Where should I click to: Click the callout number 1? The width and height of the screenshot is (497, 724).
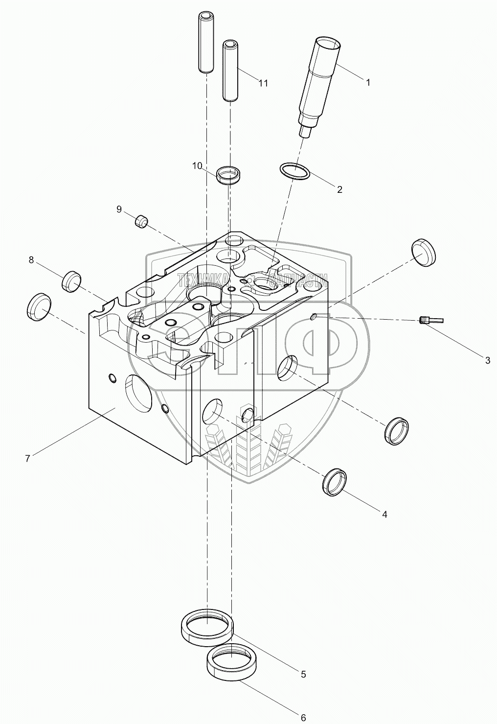368,83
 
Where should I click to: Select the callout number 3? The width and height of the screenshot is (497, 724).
487,361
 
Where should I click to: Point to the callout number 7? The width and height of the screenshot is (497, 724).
28,458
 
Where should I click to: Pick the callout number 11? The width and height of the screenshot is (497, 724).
263,83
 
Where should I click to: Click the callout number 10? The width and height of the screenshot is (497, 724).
197,166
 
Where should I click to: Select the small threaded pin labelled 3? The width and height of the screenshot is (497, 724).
431,321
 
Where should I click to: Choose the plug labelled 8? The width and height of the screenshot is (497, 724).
71,281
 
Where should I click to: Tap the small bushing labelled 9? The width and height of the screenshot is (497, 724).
141,221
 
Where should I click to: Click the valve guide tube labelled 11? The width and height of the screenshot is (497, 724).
230,70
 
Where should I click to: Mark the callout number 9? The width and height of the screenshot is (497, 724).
119,210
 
